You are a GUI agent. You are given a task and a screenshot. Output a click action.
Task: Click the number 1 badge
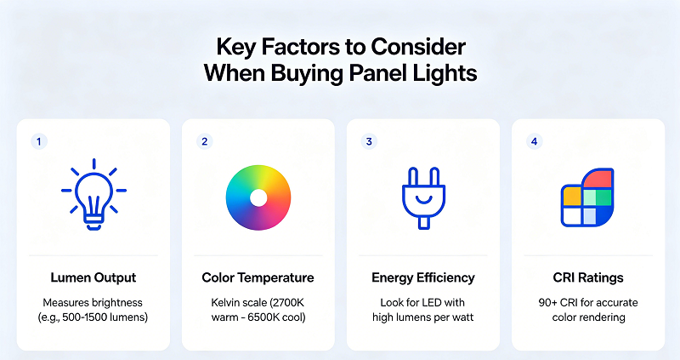pos(39,141)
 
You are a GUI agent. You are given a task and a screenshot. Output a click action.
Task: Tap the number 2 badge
pos(204,141)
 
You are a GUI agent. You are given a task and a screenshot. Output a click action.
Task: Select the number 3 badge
pos(369,141)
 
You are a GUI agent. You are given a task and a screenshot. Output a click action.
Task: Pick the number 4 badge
pos(535,141)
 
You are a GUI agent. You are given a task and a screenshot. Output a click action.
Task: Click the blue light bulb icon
pos(93,195)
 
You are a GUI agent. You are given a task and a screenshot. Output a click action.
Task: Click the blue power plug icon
pos(423,198)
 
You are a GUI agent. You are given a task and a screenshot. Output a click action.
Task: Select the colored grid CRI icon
pos(587,197)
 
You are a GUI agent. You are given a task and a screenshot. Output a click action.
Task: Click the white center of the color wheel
pos(258,198)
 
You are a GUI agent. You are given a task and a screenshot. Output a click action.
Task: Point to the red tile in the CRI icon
pos(598,179)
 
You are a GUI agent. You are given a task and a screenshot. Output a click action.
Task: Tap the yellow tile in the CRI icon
pos(572,196)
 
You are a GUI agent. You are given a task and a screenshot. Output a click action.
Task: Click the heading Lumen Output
pos(93,277)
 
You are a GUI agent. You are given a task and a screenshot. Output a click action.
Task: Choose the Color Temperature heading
pos(258,277)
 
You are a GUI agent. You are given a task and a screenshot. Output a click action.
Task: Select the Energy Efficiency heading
pos(423,277)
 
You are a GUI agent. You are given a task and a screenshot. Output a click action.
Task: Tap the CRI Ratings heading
pos(588,277)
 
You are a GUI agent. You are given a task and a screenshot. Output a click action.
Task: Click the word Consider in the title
pos(418,47)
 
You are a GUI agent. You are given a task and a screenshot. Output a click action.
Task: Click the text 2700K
pos(288,303)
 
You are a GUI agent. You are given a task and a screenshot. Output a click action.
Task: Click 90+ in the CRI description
pos(547,303)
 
